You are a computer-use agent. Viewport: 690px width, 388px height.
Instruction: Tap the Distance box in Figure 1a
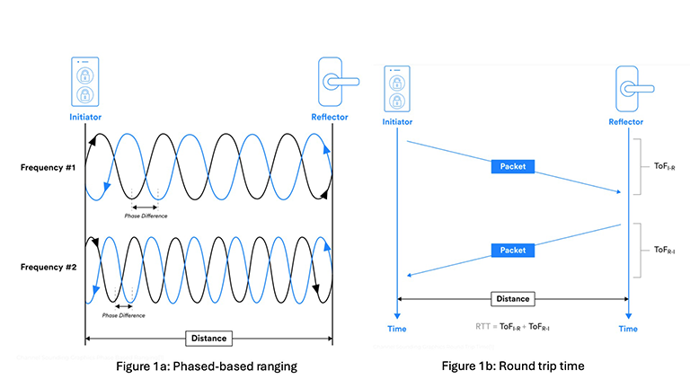[x=208, y=339]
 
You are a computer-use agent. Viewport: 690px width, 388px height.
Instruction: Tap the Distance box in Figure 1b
[x=513, y=298]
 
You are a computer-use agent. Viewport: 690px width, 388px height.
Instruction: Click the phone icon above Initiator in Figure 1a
[x=84, y=83]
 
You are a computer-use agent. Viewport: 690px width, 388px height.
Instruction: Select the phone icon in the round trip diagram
[x=396, y=89]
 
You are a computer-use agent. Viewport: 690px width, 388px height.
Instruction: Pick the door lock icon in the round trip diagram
[x=627, y=88]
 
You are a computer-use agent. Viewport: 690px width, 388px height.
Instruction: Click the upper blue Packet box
[x=514, y=166]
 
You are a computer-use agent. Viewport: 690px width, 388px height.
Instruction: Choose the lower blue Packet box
[x=514, y=249]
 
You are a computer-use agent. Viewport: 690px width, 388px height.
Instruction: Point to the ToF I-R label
[x=664, y=165]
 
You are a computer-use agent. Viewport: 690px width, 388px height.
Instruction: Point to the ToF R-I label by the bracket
[x=664, y=250]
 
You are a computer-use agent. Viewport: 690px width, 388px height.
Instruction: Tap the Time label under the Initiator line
[x=396, y=330]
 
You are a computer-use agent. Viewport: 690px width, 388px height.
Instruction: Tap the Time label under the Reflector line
[x=627, y=330]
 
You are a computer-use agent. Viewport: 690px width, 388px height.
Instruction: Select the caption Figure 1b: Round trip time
[x=513, y=367]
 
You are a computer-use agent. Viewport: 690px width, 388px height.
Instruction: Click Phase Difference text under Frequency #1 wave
[x=146, y=216]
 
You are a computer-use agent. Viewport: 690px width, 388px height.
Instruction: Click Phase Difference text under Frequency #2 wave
[x=124, y=316]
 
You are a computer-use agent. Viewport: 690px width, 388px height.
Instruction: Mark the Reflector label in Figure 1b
[x=627, y=120]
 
